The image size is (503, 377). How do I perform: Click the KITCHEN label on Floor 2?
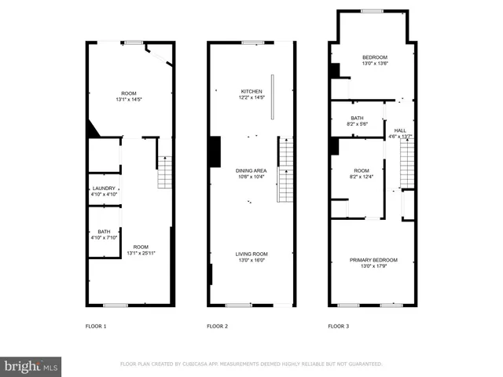pyautogui.click(x=251, y=92)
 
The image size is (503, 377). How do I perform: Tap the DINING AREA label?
pyautogui.click(x=251, y=170)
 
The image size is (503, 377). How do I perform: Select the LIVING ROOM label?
pyautogui.click(x=251, y=254)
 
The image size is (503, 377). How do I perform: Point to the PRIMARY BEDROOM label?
pyautogui.click(x=373, y=260)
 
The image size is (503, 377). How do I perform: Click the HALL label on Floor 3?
pyautogui.click(x=400, y=130)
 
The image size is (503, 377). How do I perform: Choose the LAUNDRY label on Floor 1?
pyautogui.click(x=104, y=188)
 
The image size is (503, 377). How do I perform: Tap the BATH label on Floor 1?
pyautogui.click(x=104, y=232)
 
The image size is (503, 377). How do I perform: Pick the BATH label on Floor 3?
pyautogui.click(x=358, y=119)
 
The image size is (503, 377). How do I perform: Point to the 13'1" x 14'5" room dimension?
pyautogui.click(x=130, y=100)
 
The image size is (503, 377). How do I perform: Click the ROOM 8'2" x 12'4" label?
pyautogui.click(x=361, y=170)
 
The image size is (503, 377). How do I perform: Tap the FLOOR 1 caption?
pyautogui.click(x=96, y=325)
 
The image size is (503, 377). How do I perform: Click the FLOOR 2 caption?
pyautogui.click(x=217, y=325)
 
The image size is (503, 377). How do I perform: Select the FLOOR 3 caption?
pyautogui.click(x=339, y=325)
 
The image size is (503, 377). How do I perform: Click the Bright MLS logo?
pyautogui.click(x=31, y=366)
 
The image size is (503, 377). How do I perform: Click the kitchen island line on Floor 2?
pyautogui.click(x=273, y=97)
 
